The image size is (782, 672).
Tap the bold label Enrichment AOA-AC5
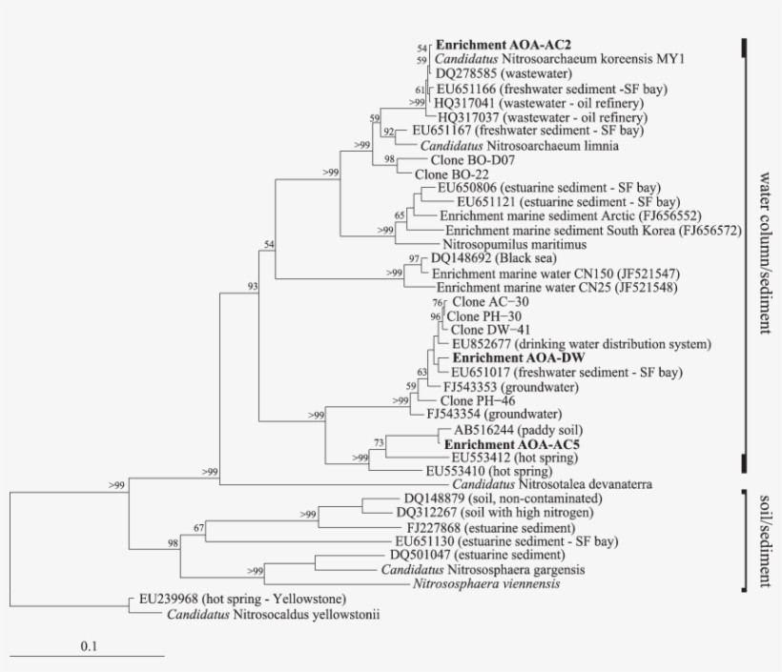click(x=501, y=444)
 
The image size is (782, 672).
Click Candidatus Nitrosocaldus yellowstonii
click(x=273, y=615)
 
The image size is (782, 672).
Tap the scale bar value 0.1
click(x=88, y=645)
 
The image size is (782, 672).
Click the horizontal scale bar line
click(x=88, y=656)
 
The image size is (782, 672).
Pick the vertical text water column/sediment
click(x=764, y=253)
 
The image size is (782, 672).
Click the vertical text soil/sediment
click(x=764, y=540)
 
